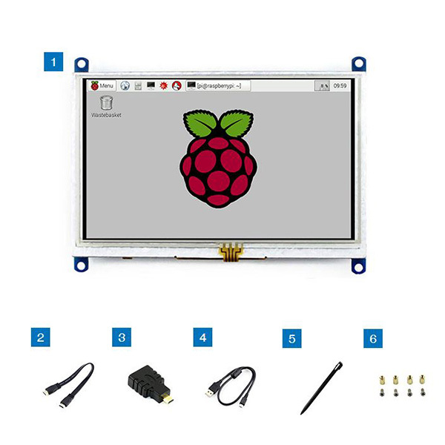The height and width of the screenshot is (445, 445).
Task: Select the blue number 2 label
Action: (x=42, y=338)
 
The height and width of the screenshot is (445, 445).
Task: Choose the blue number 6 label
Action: (x=374, y=339)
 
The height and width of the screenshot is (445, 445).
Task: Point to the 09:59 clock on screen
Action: (x=340, y=86)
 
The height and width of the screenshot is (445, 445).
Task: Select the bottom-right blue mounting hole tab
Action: (x=360, y=265)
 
